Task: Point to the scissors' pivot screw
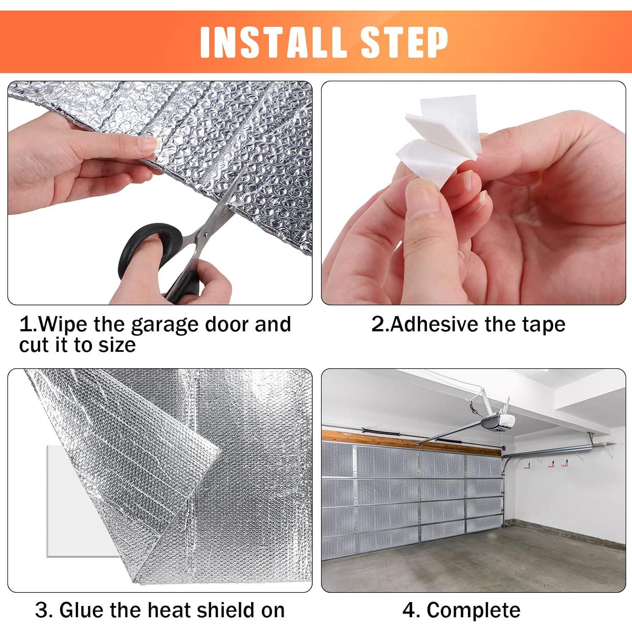coord(206,234)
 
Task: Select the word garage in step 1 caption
coord(164,325)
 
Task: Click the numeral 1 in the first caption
coord(26,324)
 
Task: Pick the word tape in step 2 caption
coord(544,325)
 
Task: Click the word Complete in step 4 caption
coord(474,611)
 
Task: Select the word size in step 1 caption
coord(117,345)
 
